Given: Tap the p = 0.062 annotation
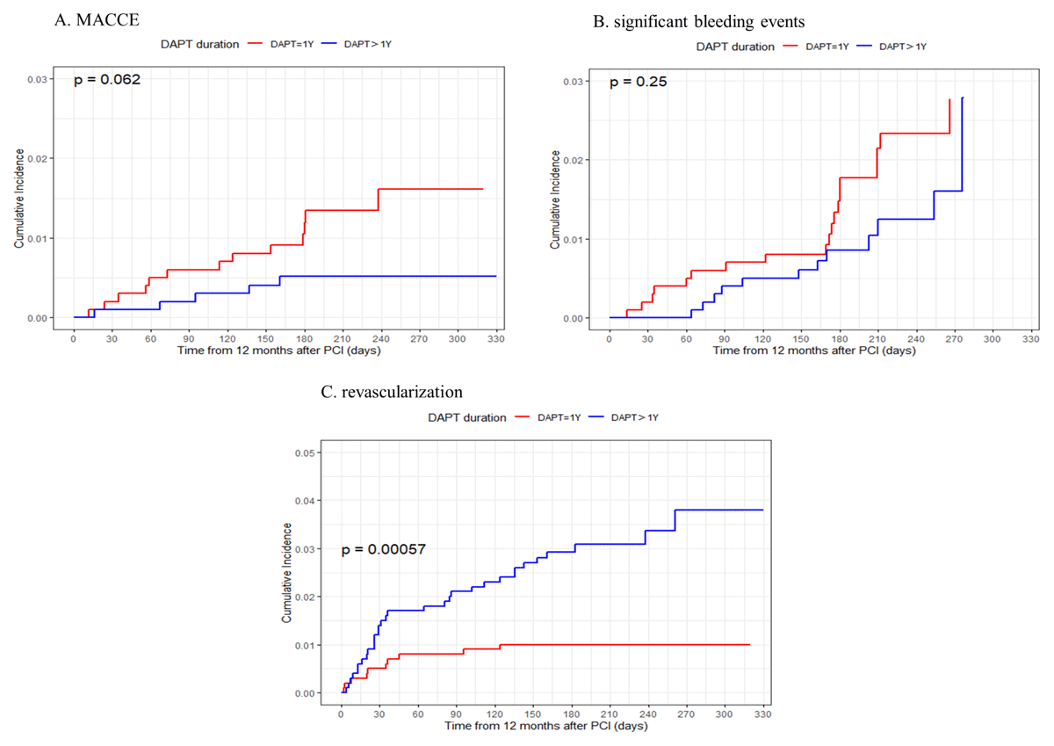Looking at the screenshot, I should point(107,79).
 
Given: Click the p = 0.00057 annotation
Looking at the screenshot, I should point(383,549).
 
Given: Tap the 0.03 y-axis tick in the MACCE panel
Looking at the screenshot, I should point(37,80).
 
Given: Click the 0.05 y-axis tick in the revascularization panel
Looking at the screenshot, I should point(310,453).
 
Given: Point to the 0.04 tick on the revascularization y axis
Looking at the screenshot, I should point(310,501).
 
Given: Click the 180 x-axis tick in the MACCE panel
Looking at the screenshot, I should point(304,337).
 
